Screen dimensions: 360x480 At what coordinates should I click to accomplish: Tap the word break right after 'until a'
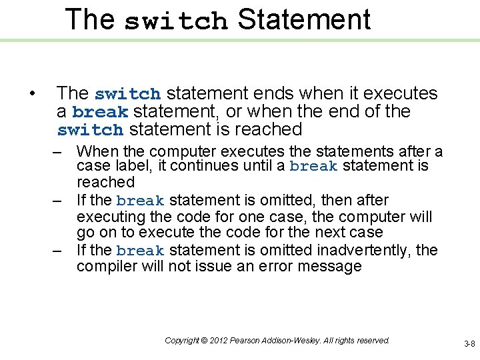point(313,166)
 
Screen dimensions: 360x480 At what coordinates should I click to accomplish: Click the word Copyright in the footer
point(181,341)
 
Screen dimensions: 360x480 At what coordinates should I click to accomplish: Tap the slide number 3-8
point(469,344)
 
